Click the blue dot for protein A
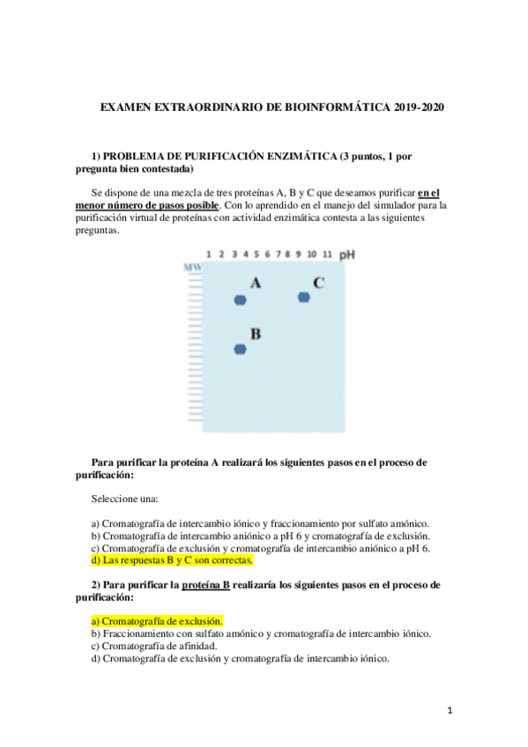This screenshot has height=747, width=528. point(240,300)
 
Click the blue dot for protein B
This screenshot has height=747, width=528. point(240,350)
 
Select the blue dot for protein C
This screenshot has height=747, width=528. point(304,297)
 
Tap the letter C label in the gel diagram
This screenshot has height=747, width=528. point(318,283)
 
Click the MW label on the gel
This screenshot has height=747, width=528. point(192,266)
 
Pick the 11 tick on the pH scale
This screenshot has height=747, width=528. point(328,255)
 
